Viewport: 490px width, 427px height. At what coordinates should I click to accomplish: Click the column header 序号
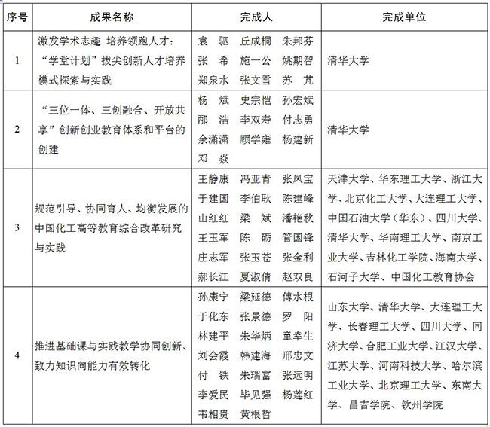point(16,14)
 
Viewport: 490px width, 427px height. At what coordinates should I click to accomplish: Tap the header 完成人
point(255,14)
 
